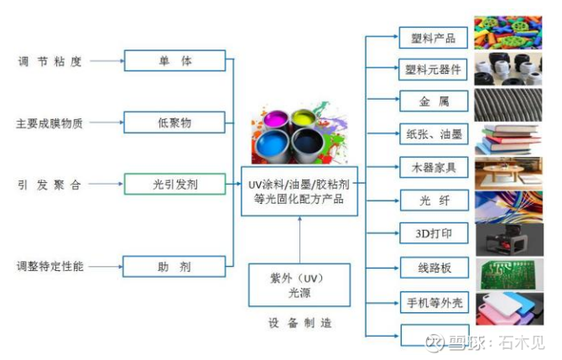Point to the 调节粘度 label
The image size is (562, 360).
click(x=49, y=61)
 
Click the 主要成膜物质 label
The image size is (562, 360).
click(x=49, y=123)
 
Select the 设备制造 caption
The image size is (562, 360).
click(x=300, y=323)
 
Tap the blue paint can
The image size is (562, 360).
click(x=273, y=145)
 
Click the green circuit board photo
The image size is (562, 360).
click(x=509, y=274)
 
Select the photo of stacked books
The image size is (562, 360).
click(x=508, y=139)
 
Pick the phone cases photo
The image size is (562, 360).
click(x=509, y=309)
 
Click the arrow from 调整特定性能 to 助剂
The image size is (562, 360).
click(x=106, y=267)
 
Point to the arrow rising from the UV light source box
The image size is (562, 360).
click(x=299, y=239)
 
